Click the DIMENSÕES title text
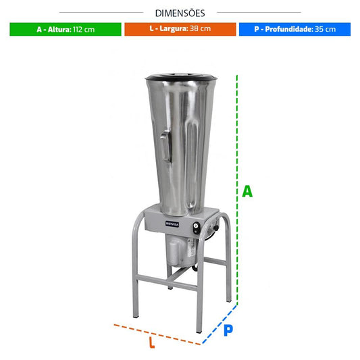tap(180, 13)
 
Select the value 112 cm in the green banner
tap(84, 30)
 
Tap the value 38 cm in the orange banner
tap(200, 28)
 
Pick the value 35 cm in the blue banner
tap(325, 29)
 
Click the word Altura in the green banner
tap(59, 30)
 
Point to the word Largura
tap(174, 28)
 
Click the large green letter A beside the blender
tap(247, 191)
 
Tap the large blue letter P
tap(228, 330)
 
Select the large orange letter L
tap(152, 342)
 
